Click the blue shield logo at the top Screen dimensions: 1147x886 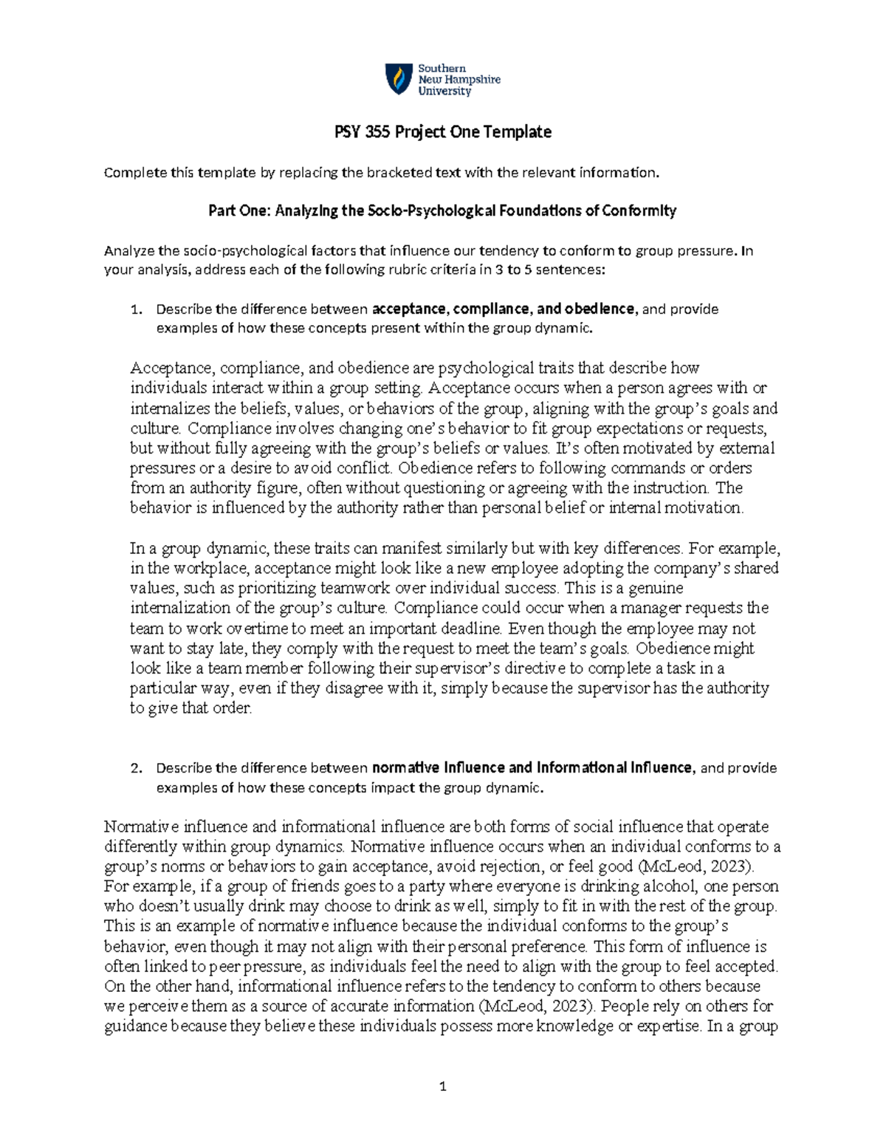399,79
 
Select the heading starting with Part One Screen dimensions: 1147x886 442,211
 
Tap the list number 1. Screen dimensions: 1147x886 134,309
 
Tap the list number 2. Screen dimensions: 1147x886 134,768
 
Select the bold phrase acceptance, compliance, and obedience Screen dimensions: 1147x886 504,309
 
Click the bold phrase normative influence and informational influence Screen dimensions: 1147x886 533,768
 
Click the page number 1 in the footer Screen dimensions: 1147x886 442,1086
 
